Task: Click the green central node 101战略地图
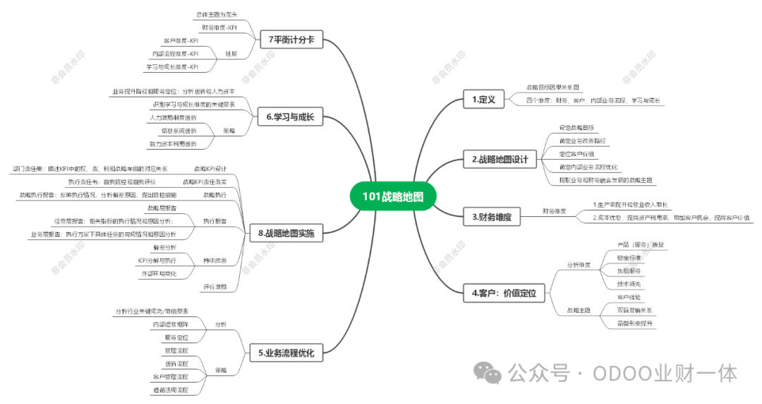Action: pyautogui.click(x=393, y=197)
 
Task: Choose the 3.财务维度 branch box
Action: pyautogui.click(x=491, y=218)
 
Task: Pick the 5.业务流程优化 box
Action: pyautogui.click(x=285, y=352)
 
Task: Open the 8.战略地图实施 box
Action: pyautogui.click(x=286, y=232)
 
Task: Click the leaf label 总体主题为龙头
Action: pyautogui.click(x=215, y=14)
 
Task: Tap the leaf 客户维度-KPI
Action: pyautogui.click(x=181, y=41)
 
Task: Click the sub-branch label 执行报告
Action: pyautogui.click(x=215, y=222)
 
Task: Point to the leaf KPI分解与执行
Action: pyautogui.click(x=157, y=261)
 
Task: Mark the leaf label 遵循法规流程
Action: pyautogui.click(x=171, y=389)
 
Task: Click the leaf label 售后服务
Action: pyautogui.click(x=629, y=271)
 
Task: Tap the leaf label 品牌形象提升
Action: pyautogui.click(x=635, y=323)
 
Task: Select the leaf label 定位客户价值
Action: pyautogui.click(x=576, y=153)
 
